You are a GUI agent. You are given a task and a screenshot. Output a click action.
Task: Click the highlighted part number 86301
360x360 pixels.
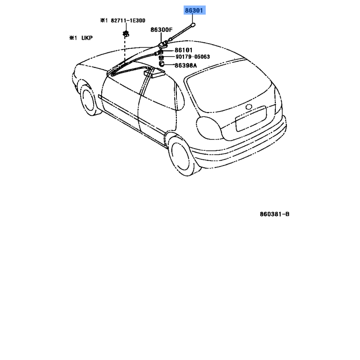pos(194,10)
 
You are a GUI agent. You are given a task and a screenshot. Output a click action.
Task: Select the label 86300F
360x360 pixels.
pos(162,30)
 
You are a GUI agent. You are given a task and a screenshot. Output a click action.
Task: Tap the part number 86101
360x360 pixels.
pos(184,50)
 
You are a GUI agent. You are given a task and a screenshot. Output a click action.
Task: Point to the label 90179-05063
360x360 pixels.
pos(193,57)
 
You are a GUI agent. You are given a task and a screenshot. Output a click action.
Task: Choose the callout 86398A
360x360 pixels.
pos(186,65)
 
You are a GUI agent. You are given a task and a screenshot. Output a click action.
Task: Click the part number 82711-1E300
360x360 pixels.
pos(128,21)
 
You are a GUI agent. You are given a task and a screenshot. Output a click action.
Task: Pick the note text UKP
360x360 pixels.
pos(87,38)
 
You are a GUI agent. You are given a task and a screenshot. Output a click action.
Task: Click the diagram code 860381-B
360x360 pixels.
pos(274,214)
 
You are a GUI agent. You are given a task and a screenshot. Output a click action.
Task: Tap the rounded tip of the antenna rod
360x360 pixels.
pos(193,24)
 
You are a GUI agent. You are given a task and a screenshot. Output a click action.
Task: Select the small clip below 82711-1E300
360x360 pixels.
pos(126,34)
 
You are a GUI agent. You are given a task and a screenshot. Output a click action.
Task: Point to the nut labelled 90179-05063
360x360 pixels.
pos(161,58)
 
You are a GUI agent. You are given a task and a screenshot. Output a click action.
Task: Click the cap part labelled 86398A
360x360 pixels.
pos(162,63)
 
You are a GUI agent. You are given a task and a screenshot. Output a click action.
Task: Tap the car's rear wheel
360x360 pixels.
pos(182,156)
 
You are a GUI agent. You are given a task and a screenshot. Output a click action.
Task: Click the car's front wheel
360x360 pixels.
pos(89,99)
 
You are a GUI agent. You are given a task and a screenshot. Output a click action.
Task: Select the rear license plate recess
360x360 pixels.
pos(251,119)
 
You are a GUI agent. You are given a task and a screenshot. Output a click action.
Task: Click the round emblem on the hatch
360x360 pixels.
pos(249,107)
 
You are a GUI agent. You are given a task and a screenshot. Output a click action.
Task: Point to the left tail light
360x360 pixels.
pos(209,128)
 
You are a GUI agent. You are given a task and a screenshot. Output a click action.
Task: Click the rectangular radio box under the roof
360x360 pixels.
pos(154,73)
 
